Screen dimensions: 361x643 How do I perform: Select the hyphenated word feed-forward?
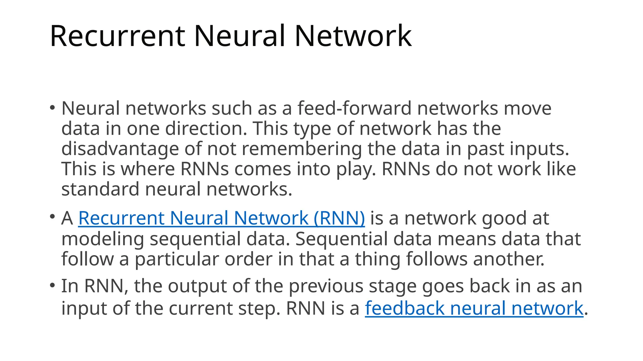[x=354, y=108]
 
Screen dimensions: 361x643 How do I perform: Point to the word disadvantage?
[x=120, y=149]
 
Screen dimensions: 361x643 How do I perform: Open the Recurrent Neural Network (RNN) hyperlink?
[x=221, y=218]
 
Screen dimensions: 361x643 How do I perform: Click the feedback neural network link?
[x=474, y=308]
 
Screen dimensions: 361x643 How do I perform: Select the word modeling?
[x=102, y=239]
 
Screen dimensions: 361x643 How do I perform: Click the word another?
[x=509, y=259]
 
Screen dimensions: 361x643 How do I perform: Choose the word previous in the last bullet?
[x=326, y=286]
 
